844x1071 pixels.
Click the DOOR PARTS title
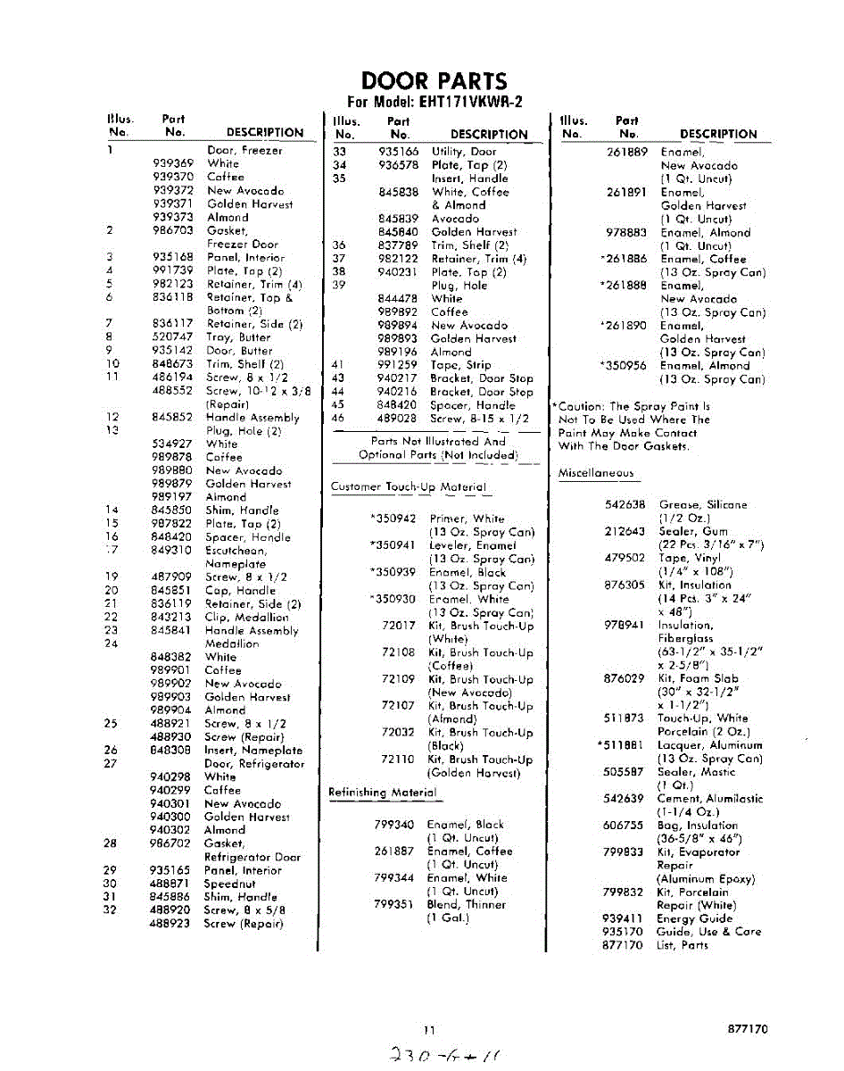[x=434, y=81]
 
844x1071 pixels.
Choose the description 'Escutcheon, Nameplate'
[x=236, y=557]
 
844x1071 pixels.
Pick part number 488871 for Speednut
[x=170, y=884]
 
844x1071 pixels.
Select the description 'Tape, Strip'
[x=460, y=365]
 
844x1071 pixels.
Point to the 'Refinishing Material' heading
[x=383, y=793]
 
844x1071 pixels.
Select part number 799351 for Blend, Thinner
[x=393, y=904]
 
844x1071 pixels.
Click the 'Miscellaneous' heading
[x=596, y=473]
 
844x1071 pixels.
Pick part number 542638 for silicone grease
[x=624, y=505]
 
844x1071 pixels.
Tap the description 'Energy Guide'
[x=695, y=918]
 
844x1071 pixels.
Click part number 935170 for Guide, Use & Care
[x=623, y=932]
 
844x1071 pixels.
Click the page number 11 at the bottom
[x=430, y=1029]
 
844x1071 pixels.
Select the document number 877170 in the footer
[x=748, y=1029]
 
